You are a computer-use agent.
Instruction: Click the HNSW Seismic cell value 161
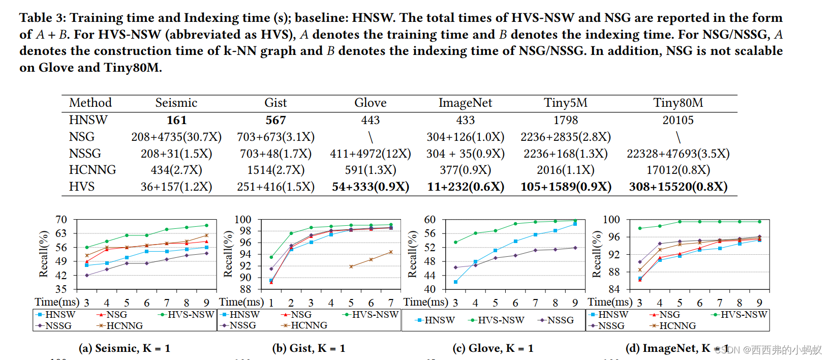[176, 121]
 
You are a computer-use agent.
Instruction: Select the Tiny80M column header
[678, 103]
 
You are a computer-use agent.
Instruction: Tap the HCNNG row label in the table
[93, 170]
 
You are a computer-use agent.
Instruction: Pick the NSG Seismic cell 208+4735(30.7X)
[176, 137]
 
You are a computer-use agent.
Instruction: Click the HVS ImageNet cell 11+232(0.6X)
[465, 187]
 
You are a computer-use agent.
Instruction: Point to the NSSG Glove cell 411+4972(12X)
[370, 154]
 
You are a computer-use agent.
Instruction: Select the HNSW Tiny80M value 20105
[678, 121]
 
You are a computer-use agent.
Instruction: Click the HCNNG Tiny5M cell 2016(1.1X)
[565, 170]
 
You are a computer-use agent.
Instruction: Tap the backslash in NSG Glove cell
[371, 137]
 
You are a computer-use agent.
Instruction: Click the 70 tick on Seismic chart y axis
[61, 220]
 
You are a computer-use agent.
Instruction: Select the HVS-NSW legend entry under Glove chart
[496, 320]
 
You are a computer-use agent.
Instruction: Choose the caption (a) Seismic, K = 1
[125, 348]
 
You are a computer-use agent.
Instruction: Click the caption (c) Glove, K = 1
[493, 348]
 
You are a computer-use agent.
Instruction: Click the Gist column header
[275, 103]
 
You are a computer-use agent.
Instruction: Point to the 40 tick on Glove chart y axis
[429, 289]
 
